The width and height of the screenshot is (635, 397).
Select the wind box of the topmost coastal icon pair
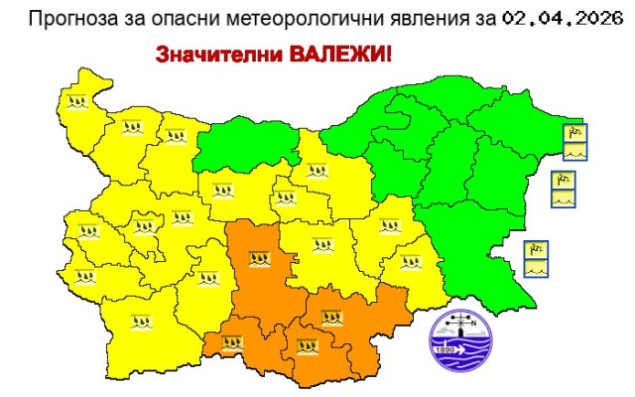point(574,133)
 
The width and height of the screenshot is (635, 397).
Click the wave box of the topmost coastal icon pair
point(574,151)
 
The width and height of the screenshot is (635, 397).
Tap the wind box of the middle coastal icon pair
point(563,181)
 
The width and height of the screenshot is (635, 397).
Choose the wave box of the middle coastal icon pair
point(563,198)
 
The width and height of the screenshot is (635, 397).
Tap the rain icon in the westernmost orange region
point(233,343)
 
